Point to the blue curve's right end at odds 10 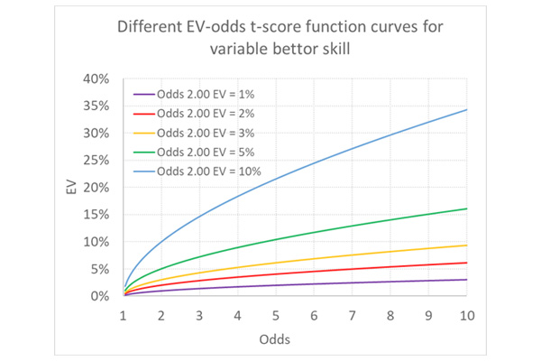click(466, 109)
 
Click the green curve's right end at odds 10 click(466, 208)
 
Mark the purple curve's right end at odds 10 click(466, 280)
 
